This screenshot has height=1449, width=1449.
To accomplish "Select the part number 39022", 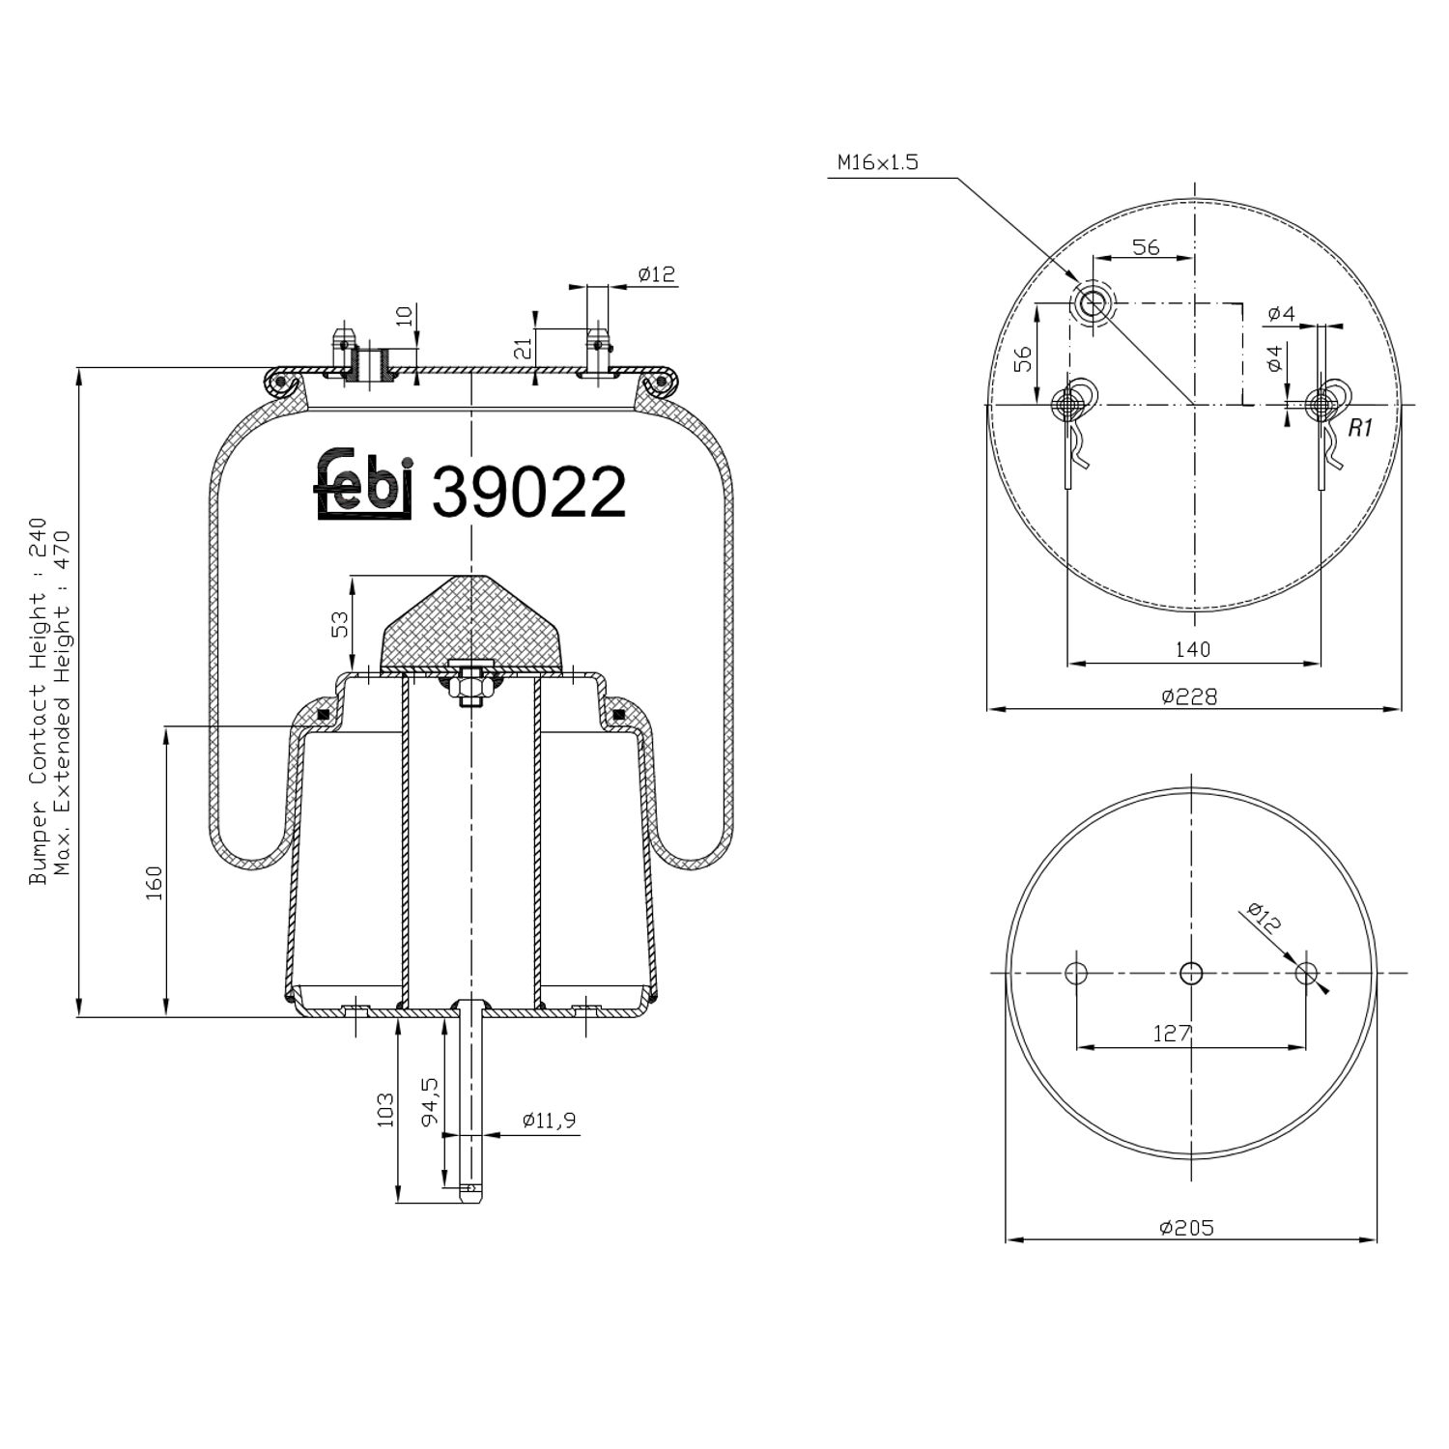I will [528, 492].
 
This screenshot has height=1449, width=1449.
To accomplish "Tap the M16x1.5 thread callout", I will [877, 162].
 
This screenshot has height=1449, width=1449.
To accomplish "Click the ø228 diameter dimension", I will [1189, 696].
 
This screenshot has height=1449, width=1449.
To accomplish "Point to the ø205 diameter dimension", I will [1186, 1227].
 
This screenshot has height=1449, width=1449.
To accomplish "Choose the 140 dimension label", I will [1192, 649].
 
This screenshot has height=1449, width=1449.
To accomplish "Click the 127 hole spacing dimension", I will [1171, 1034].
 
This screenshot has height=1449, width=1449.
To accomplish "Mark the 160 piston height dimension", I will [154, 883].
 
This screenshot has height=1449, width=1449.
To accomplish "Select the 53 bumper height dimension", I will [340, 624].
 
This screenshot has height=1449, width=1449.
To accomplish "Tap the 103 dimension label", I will [385, 1110].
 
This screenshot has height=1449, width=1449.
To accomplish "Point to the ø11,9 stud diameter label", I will [549, 1121].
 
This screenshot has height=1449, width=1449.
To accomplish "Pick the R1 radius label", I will [1359, 428].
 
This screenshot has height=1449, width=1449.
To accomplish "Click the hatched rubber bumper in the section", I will [471, 623].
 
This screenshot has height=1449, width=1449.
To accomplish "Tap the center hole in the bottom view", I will [1191, 973].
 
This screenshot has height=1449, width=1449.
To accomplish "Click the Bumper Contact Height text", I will [38, 700].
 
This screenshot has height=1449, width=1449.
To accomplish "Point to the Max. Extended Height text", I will [63, 700].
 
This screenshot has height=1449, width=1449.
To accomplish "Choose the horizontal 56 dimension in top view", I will [1146, 246].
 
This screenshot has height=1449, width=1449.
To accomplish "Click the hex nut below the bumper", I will [471, 688].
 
